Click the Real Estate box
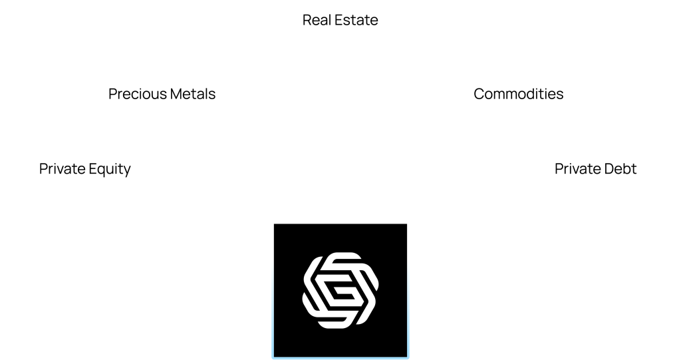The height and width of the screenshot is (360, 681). (x=340, y=20)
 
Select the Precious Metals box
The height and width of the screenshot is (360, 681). (x=162, y=94)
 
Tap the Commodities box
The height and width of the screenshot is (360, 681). (x=518, y=94)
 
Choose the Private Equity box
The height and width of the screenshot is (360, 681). (x=84, y=169)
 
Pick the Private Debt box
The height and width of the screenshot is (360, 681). (x=595, y=169)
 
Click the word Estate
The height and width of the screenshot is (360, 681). (x=355, y=20)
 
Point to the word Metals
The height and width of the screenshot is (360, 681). (x=191, y=94)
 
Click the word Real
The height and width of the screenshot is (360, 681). (x=315, y=20)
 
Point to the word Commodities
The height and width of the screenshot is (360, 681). (x=518, y=94)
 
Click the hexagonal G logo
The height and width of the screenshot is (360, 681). (x=340, y=290)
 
